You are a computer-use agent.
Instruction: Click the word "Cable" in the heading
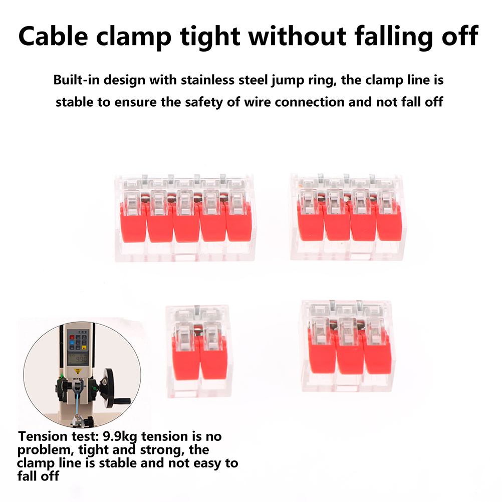tap(53, 36)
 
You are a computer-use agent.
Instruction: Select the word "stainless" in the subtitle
tap(207, 80)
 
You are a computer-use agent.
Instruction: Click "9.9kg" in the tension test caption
tap(120, 437)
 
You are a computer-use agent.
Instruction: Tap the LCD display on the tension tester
tap(78, 359)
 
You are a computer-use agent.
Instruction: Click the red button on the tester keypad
tap(72, 337)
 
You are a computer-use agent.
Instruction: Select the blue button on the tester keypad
tap(72, 343)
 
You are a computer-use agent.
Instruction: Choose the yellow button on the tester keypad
tap(84, 348)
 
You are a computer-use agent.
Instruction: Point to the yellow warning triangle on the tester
tap(78, 371)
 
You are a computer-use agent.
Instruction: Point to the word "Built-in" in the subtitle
tap(76, 80)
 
